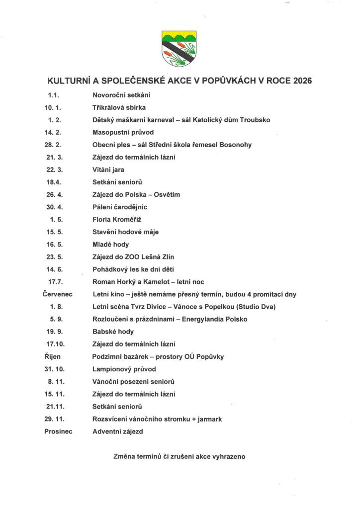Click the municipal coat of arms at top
coord(180,48)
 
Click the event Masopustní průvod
coord(123,132)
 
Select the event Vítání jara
coord(108,170)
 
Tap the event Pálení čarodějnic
coord(120,207)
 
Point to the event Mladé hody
coord(110,244)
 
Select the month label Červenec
coord(58,294)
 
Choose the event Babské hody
coord(113,332)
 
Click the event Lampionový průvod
coord(124,369)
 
